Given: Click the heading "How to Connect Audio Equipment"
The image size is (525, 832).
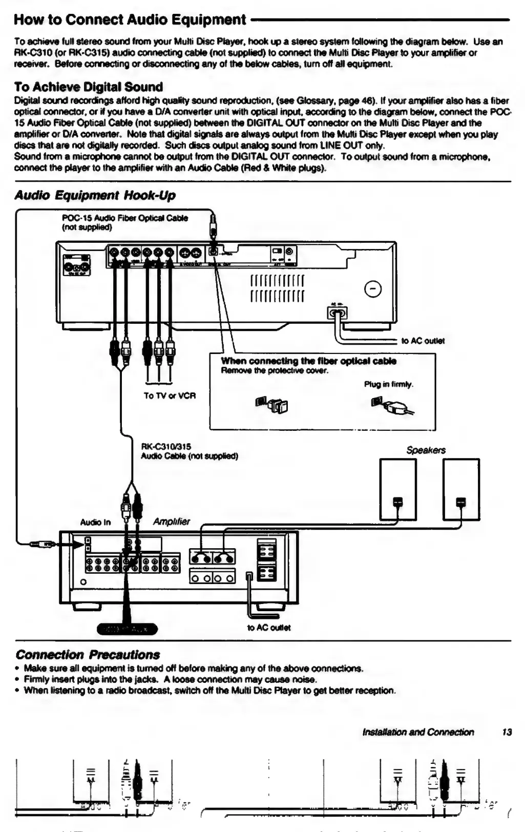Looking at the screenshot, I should (x=130, y=20).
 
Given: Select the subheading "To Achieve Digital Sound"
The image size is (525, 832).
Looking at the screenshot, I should (x=88, y=87).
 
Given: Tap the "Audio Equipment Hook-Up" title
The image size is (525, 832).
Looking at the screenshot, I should (x=95, y=195).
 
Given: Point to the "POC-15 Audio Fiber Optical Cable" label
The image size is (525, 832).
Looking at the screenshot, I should (x=124, y=218).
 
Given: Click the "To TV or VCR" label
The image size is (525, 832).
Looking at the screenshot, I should (x=170, y=396).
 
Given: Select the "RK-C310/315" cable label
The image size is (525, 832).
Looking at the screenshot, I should (x=166, y=447).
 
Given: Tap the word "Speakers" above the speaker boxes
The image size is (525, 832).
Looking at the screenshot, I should (x=426, y=450).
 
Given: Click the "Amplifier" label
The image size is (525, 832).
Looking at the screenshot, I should (x=171, y=522).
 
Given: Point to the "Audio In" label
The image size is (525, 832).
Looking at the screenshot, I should (x=95, y=523).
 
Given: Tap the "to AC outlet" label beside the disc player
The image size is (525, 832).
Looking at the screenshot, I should (x=423, y=341).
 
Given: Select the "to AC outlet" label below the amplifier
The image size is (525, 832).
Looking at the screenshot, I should (x=269, y=628).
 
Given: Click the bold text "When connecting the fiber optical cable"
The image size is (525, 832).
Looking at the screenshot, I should (x=308, y=361).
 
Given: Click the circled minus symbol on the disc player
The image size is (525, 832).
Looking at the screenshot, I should (x=372, y=290).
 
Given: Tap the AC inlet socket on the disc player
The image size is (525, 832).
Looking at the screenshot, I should (x=337, y=312).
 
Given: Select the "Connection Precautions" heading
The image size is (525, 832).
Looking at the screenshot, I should (x=88, y=655).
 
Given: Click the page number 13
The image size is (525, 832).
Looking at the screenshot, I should (x=507, y=732).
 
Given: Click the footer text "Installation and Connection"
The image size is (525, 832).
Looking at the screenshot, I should (x=418, y=732).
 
